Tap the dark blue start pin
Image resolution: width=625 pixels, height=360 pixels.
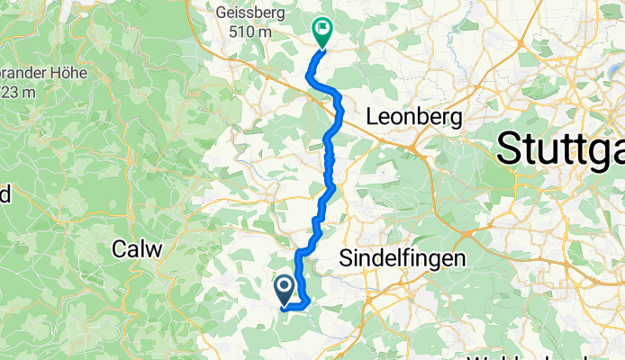pyautogui.click(x=284, y=289)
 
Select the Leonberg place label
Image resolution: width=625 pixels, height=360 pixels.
pyautogui.click(x=415, y=117)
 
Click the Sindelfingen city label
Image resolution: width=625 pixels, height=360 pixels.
pyautogui.click(x=403, y=258)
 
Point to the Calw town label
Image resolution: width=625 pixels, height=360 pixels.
pyautogui.click(x=135, y=248)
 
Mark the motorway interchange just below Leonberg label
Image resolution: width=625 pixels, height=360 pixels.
pyautogui.click(x=412, y=143)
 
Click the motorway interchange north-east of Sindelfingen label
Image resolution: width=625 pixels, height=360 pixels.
pyautogui.click(x=467, y=232)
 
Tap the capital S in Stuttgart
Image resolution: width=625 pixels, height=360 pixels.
pyautogui.click(x=509, y=148)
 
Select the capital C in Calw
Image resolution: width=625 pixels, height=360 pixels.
pyautogui.click(x=118, y=248)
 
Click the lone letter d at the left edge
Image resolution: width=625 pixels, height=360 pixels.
pyautogui.click(x=5, y=193)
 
